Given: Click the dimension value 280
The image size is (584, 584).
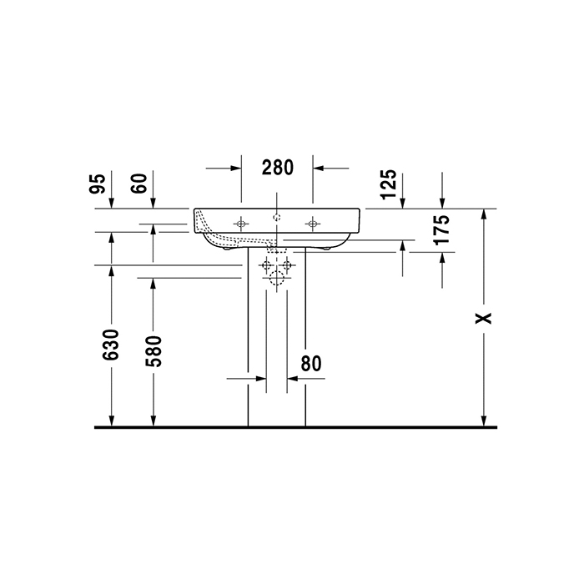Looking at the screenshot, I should [277, 167].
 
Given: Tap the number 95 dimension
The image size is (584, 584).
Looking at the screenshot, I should [98, 184].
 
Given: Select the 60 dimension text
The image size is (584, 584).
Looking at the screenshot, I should [139, 184].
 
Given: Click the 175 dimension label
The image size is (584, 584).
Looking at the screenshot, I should [442, 229].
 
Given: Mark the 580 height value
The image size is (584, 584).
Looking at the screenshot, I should [153, 351].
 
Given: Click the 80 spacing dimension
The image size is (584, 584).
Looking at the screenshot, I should [310, 363].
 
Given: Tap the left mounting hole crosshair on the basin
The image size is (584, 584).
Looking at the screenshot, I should [241, 223].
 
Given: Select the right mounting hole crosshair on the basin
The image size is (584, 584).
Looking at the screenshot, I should [314, 223].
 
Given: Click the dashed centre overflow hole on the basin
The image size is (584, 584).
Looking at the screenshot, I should [277, 217].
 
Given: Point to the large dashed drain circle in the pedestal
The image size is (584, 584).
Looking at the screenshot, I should [277, 279].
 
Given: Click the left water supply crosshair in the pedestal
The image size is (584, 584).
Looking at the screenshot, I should [267, 265].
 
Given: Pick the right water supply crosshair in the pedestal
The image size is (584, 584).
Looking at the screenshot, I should [288, 265].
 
